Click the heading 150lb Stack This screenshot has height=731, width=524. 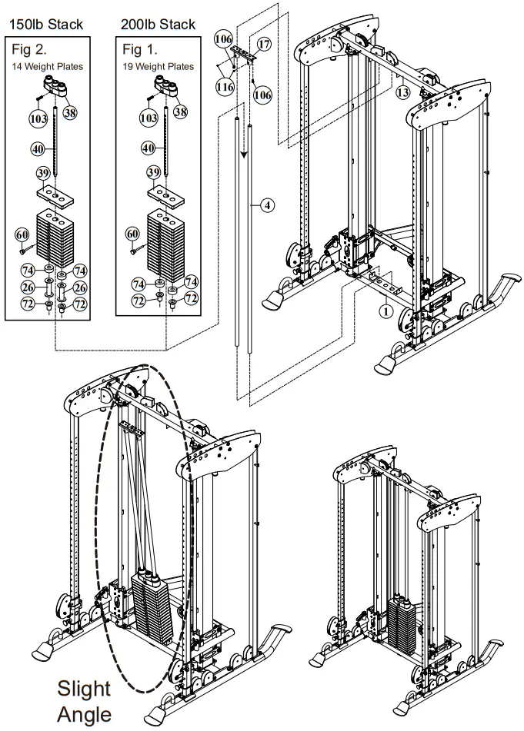[45, 25]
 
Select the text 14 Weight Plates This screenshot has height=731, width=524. [48, 67]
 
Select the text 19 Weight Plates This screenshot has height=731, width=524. [159, 67]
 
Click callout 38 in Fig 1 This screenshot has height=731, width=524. [182, 112]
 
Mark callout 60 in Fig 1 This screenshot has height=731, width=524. [134, 234]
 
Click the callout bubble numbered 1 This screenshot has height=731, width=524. [385, 312]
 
